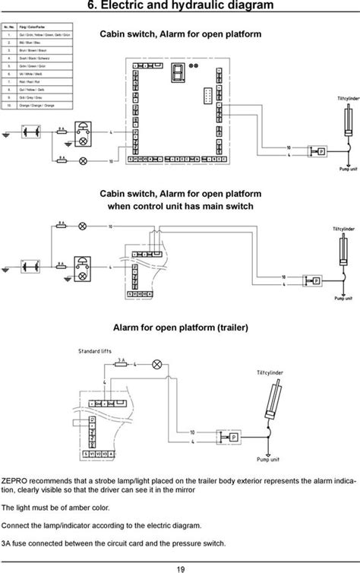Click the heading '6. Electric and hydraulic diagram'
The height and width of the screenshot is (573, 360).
180,8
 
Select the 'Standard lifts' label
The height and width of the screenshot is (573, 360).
96,351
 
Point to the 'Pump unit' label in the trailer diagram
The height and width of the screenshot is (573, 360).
270,460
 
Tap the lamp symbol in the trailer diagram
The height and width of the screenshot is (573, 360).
157,365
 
